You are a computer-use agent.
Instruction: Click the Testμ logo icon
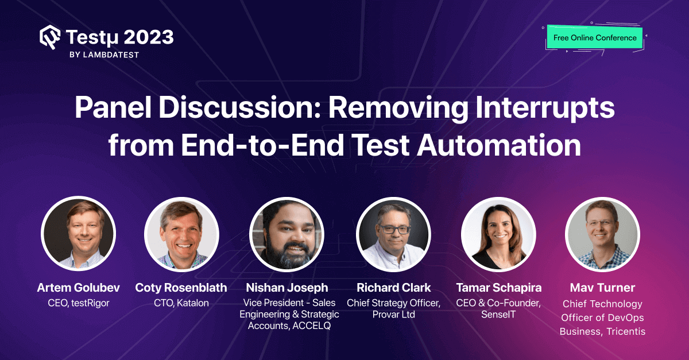50,37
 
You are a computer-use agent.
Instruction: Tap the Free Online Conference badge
595,38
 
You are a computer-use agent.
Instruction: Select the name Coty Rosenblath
181,287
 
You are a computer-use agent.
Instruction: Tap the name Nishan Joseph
287,287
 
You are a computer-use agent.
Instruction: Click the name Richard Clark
393,287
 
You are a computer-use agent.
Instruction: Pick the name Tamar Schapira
498,287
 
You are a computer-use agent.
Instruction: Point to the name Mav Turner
602,287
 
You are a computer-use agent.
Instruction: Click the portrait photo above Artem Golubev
78,234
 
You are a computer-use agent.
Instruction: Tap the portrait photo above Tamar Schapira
498,234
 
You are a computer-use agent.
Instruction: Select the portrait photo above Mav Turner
602,234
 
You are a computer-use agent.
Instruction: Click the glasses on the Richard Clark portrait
393,228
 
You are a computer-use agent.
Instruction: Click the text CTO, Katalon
181,303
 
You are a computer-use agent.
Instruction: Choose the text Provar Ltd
393,314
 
